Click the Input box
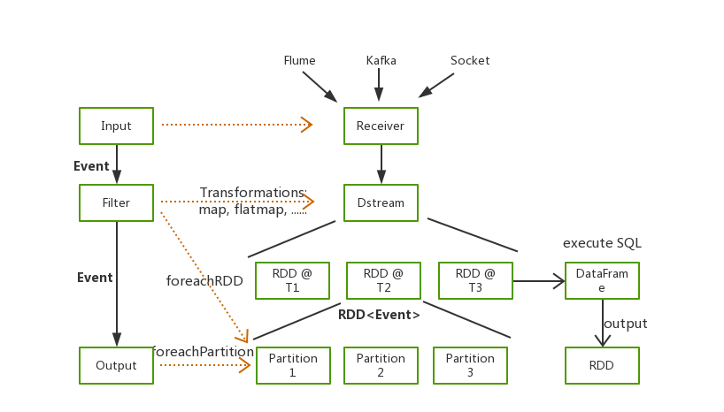click(x=116, y=126)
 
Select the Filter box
click(x=116, y=203)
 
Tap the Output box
click(x=116, y=366)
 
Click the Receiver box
click(x=381, y=126)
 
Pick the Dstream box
click(x=381, y=203)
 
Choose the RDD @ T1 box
click(x=292, y=281)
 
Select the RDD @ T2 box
click(x=383, y=281)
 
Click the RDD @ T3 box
click(x=475, y=281)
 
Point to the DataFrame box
click(x=602, y=281)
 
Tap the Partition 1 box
click(x=293, y=366)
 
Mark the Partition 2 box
click(x=381, y=366)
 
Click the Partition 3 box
click(x=470, y=366)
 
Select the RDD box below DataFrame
click(x=602, y=366)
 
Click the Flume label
click(x=299, y=61)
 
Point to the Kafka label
click(x=381, y=61)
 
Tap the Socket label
click(x=470, y=61)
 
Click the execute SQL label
click(x=602, y=243)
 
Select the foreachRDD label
click(x=204, y=281)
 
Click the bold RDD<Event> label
click(x=379, y=315)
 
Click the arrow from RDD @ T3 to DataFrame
click(x=538, y=281)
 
